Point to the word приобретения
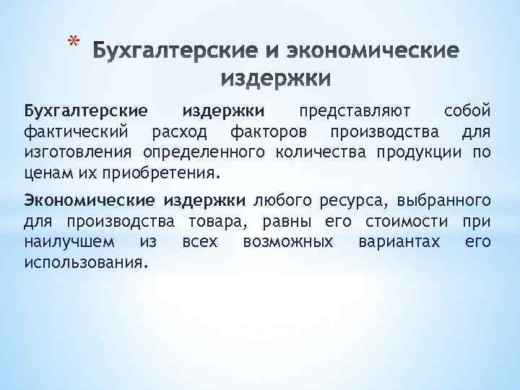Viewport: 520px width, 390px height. tap(160, 174)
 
